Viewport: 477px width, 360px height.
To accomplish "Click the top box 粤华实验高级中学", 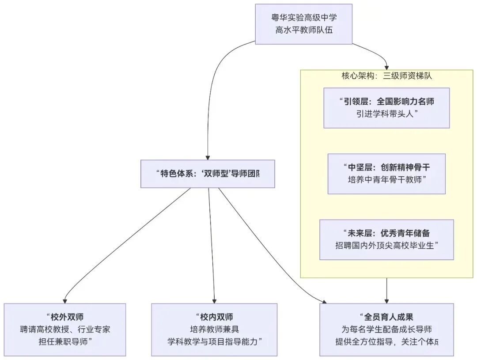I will pos(304,24).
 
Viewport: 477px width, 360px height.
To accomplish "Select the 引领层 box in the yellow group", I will pos(386,108).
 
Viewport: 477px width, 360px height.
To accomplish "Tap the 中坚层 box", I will pos(386,174).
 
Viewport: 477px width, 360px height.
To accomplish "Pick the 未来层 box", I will pos(386,239).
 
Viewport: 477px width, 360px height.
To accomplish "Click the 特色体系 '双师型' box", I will pos(207,174).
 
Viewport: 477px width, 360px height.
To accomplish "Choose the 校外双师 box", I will pos(65,329).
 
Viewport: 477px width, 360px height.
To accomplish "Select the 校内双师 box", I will pos(214,329).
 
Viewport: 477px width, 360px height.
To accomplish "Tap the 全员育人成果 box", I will pos(386,329).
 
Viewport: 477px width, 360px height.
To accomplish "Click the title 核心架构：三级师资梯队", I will pos(386,76).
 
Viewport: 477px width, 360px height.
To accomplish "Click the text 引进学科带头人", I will pos(386,114).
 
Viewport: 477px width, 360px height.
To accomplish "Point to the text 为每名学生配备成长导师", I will pos(386,329).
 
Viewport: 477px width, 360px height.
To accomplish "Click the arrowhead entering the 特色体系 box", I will pos(207,157).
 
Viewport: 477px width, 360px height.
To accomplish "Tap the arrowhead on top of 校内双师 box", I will pos(214,300).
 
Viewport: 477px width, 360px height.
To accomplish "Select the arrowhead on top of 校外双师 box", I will pos(65,300).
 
